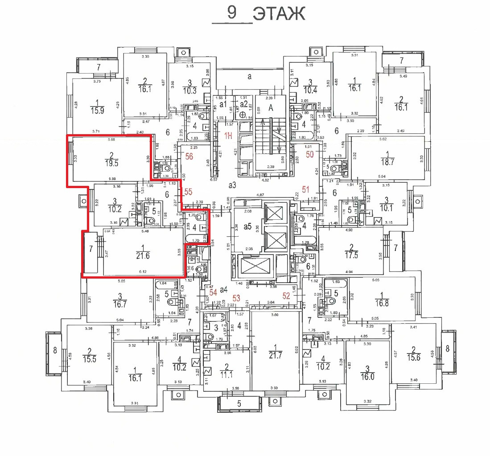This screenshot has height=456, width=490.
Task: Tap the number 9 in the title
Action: tap(231, 12)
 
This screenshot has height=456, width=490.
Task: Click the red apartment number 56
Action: tap(189, 156)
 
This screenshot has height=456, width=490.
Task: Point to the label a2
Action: tap(243, 103)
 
